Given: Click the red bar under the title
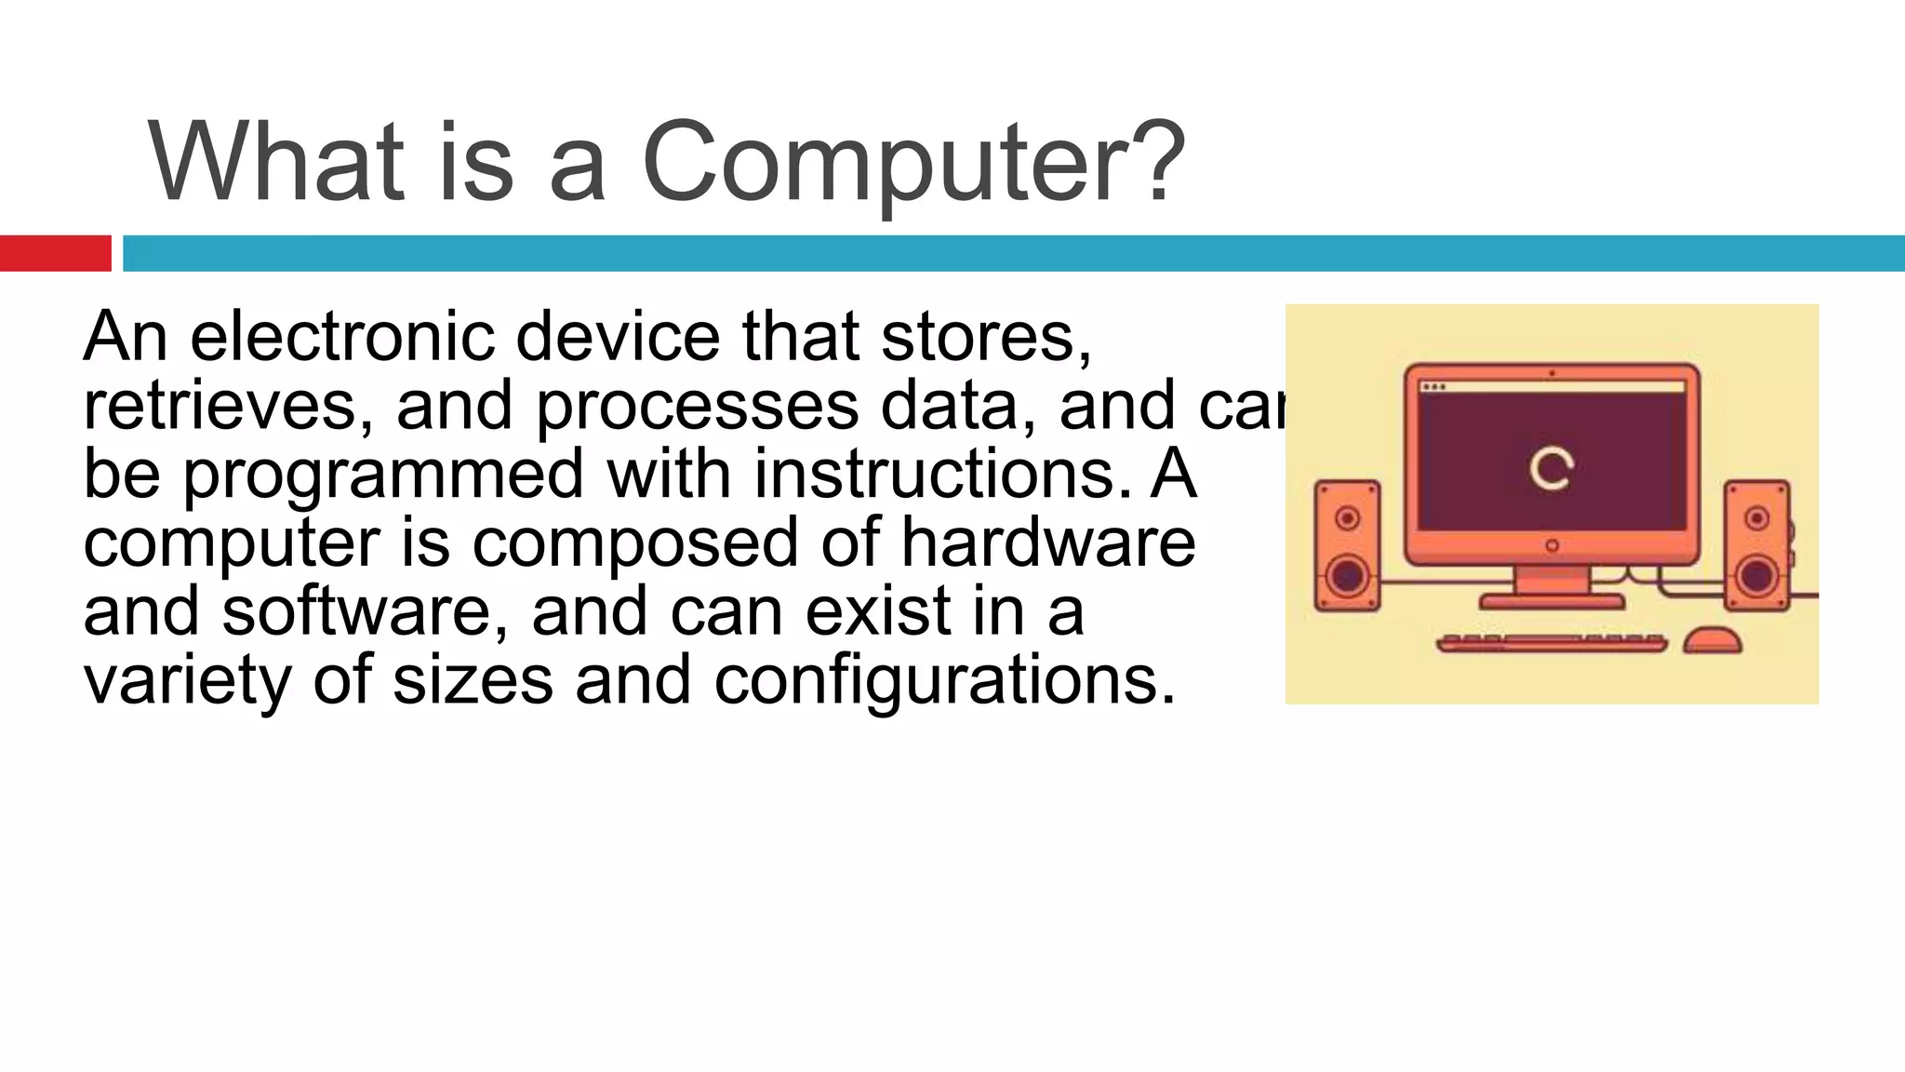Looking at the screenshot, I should click(x=55, y=253).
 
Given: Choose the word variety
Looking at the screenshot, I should click(x=187, y=682).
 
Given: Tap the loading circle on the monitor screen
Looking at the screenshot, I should click(x=1551, y=469).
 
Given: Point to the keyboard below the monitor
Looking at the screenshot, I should click(x=1551, y=643).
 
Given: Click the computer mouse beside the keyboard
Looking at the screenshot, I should click(x=1712, y=641).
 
